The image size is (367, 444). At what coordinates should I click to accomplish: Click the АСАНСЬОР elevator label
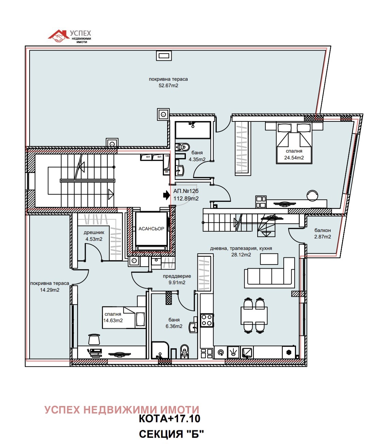pyautogui.click(x=151, y=229)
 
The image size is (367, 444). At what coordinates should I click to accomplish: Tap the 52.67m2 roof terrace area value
pyautogui.click(x=168, y=85)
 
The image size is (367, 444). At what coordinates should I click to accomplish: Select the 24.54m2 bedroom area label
pyautogui.click(x=294, y=157)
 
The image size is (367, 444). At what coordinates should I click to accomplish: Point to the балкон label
pyautogui.click(x=322, y=230)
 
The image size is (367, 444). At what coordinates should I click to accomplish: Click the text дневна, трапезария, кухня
pyautogui.click(x=241, y=248)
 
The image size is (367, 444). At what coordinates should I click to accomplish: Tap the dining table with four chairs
pyautogui.click(x=254, y=315)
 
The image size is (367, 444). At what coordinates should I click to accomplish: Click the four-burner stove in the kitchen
pyautogui.click(x=207, y=320)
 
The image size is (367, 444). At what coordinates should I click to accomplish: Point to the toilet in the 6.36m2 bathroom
pyautogui.click(x=185, y=351)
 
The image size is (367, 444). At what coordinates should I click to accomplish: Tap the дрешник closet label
pyautogui.click(x=94, y=233)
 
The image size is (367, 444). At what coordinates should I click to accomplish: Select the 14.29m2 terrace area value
pyautogui.click(x=50, y=290)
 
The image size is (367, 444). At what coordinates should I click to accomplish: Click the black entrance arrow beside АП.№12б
pyautogui.click(x=166, y=195)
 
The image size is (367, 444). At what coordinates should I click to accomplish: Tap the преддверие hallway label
pyautogui.click(x=177, y=276)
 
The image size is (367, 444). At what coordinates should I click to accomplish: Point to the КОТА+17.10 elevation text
pyautogui.click(x=170, y=419)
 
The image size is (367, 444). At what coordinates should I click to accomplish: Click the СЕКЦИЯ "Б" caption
pyautogui.click(x=171, y=435)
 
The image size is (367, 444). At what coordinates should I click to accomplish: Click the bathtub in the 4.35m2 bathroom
pyautogui.click(x=193, y=130)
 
